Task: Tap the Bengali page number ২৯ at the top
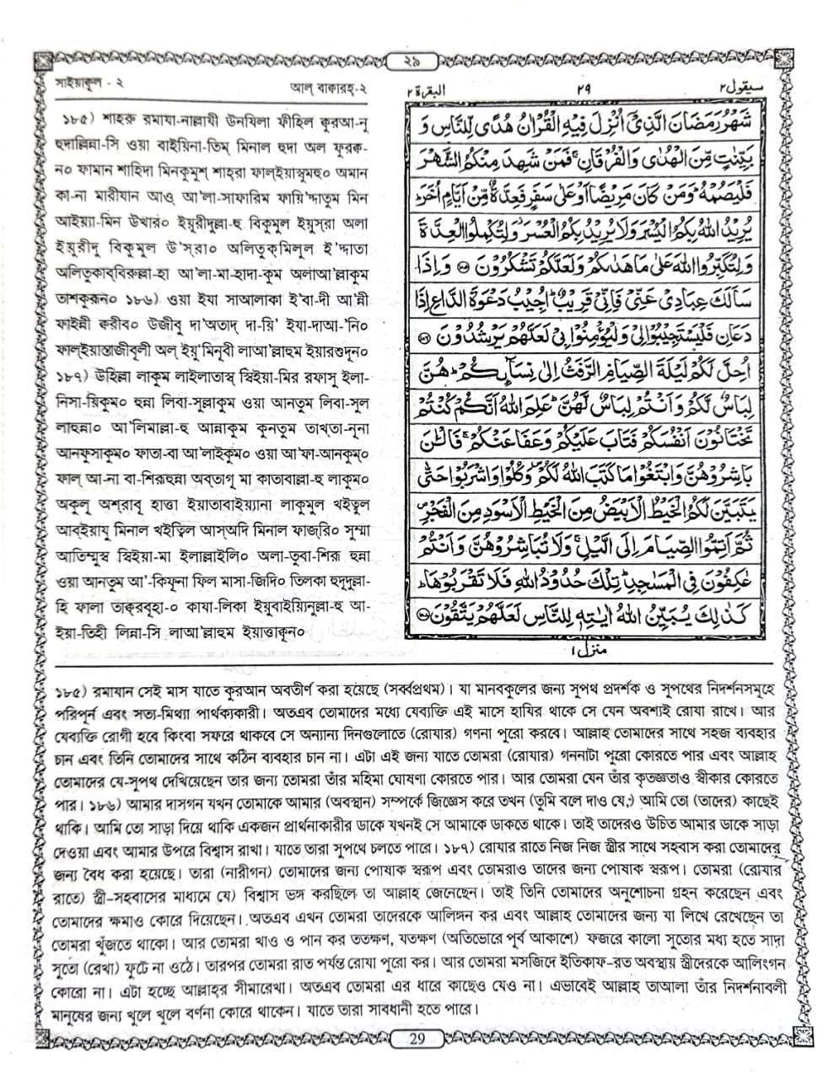tap(412, 61)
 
